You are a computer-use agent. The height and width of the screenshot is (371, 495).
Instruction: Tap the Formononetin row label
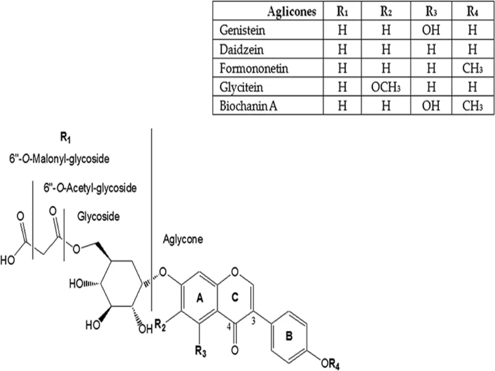pyautogui.click(x=254, y=68)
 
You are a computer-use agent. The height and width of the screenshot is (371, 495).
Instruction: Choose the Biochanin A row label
pyautogui.click(x=248, y=106)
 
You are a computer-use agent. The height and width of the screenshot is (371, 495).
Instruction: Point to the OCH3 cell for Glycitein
pyautogui.click(x=385, y=87)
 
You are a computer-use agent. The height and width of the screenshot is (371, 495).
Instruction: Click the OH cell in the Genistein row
pyautogui.click(x=431, y=30)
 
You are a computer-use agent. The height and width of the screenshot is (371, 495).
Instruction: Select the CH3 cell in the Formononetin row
pyautogui.click(x=472, y=68)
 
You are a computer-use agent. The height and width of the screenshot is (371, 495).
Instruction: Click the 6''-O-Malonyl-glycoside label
pyautogui.click(x=59, y=159)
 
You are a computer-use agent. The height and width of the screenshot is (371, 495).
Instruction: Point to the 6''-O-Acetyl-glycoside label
pyautogui.click(x=90, y=187)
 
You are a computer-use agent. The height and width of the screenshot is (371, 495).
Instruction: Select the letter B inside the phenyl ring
pyautogui.click(x=289, y=337)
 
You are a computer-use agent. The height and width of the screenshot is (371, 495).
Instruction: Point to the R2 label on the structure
pyautogui.click(x=160, y=327)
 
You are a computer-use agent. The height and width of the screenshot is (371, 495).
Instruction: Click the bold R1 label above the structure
pyautogui.click(x=65, y=138)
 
